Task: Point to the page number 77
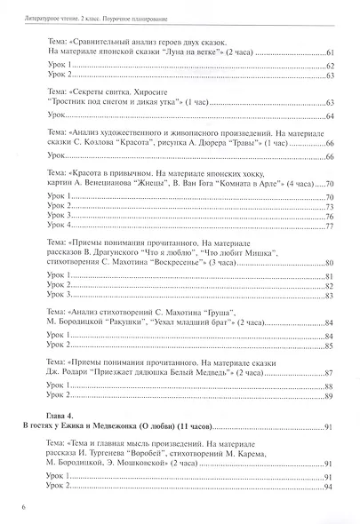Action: [328, 226]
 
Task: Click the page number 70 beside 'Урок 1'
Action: [328, 195]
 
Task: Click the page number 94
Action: [328, 487]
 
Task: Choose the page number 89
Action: [328, 396]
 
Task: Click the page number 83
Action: [328, 295]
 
